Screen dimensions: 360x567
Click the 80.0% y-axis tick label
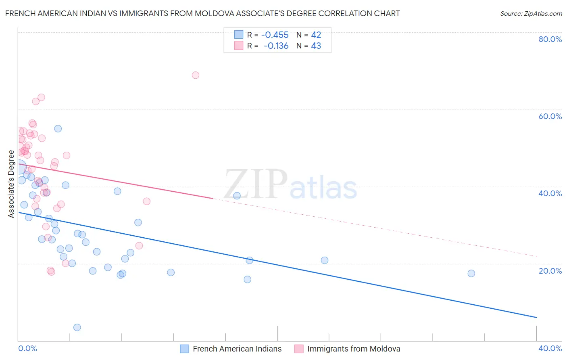click(x=550, y=39)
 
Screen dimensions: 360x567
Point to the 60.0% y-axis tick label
click(x=550, y=116)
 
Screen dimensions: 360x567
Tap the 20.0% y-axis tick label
click(x=550, y=271)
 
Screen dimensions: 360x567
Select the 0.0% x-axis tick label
click(x=28, y=348)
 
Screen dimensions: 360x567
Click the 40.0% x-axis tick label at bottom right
click(x=550, y=348)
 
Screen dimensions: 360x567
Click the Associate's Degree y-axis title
click(x=11, y=184)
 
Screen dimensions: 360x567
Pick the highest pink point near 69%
click(x=196, y=75)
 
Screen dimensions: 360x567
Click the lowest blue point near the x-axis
click(x=77, y=327)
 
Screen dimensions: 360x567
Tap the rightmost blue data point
click(x=471, y=273)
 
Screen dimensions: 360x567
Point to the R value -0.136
click(x=276, y=46)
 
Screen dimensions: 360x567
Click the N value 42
click(x=316, y=35)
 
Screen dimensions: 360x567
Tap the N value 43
click(x=316, y=46)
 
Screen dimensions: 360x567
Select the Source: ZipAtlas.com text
click(x=531, y=14)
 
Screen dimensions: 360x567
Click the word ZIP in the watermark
click(x=256, y=185)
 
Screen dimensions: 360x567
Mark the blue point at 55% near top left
click(x=58, y=129)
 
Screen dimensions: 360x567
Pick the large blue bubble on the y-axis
click(x=19, y=167)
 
